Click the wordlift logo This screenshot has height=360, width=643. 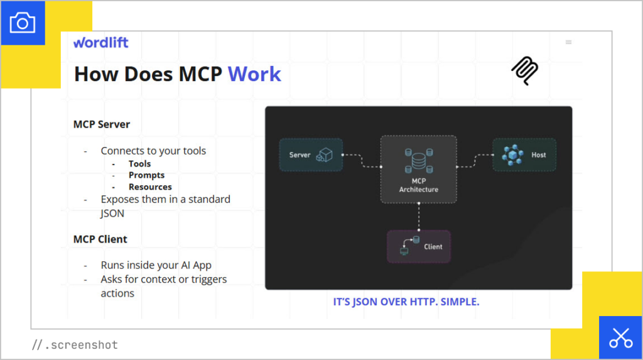pos(100,43)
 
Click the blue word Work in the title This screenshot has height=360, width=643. pos(254,74)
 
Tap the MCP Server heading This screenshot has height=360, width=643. pos(102,124)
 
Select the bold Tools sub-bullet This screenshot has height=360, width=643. pos(139,164)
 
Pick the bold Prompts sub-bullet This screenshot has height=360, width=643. pos(146,175)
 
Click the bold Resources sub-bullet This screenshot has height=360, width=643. pos(150,187)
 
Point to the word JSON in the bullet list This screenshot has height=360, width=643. pos(112,213)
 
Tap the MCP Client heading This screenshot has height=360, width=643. pos(100,239)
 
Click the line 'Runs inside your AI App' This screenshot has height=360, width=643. pos(156,265)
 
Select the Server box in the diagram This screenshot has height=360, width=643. pos(311,155)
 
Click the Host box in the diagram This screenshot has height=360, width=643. pos(524,155)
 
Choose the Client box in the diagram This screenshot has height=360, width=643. pos(419,246)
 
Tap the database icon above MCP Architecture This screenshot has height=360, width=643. pos(418,161)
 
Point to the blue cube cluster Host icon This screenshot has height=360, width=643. pos(512,155)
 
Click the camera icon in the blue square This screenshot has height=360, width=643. pos(23,23)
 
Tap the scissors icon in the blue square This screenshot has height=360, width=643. pos(620,337)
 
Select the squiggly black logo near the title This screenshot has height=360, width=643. pos(524,71)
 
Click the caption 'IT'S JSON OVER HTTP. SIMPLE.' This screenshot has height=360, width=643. pos(406,302)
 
